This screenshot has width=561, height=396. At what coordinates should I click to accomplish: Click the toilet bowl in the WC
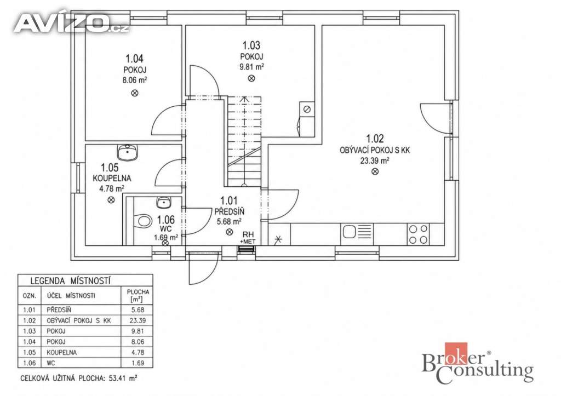coord(143,220)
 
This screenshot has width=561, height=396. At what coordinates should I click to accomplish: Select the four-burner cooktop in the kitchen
coord(418,234)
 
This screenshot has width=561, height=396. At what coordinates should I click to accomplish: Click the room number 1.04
coord(134,58)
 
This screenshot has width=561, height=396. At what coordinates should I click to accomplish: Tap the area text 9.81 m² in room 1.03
coord(251,66)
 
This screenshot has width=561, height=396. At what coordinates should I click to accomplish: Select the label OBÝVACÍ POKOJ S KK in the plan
coord(375,150)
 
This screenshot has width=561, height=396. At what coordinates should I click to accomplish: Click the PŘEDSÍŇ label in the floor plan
coord(230,212)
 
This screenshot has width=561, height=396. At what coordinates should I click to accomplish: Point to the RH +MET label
coord(248,238)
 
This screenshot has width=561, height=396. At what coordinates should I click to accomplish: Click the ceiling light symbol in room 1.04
coord(135,93)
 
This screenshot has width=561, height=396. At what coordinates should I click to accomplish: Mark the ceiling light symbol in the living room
coord(375,171)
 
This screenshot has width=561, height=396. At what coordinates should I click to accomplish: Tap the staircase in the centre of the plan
coord(244,141)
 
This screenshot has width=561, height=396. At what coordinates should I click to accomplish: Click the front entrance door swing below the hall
coord(203,268)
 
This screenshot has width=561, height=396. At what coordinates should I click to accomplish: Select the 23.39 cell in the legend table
coord(138,320)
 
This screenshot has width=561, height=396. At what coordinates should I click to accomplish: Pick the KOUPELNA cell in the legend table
coord(61,352)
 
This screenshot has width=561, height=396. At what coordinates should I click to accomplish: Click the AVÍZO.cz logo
coord(71,23)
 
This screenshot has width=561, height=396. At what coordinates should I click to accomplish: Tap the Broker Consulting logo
coord(478,363)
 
